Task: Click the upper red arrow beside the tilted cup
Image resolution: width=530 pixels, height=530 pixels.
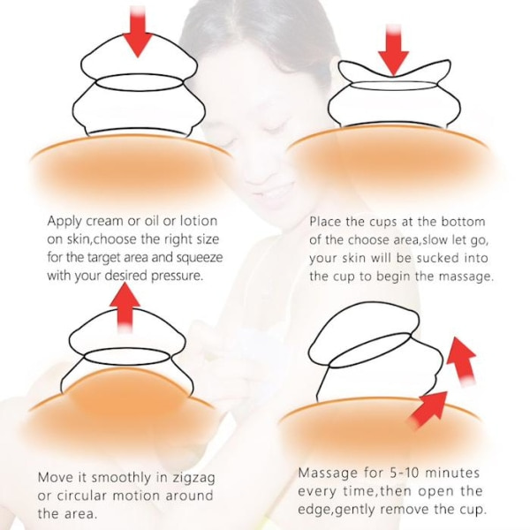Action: (x=462, y=361)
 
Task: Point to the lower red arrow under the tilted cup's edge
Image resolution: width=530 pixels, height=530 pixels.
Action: (x=428, y=409)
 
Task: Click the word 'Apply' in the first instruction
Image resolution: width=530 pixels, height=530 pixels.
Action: (x=64, y=222)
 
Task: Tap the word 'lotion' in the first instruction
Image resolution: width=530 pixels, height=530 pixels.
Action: (x=199, y=221)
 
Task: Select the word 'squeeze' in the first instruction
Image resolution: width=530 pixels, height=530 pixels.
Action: (x=200, y=258)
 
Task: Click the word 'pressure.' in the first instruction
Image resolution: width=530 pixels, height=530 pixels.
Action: (x=178, y=276)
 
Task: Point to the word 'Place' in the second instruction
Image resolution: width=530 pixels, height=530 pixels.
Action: (x=325, y=222)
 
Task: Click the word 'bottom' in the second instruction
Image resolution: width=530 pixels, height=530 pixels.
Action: (x=463, y=222)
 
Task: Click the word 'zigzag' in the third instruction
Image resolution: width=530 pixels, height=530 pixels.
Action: (x=193, y=478)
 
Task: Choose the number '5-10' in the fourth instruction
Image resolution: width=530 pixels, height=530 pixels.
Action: (x=405, y=473)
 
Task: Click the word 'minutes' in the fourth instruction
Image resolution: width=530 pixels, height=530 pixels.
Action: (x=452, y=473)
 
